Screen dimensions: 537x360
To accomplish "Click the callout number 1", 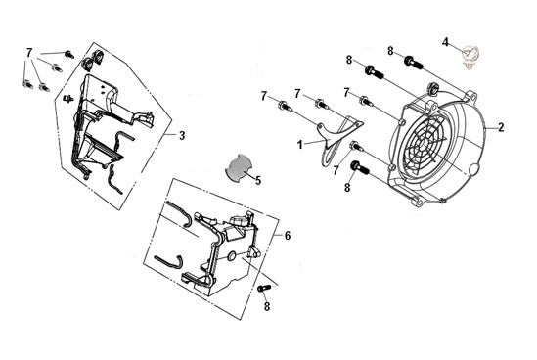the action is [299, 145].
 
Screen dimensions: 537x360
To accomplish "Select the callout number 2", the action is [501, 128].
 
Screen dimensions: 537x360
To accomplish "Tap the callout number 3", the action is [182, 136].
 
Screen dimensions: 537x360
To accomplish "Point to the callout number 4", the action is [445, 42].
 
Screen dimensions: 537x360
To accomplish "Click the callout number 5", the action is [257, 180].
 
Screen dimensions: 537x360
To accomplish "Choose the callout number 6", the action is [288, 236].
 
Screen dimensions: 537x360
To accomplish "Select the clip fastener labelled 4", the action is [470, 56].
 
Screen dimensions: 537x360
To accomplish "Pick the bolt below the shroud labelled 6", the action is [264, 288].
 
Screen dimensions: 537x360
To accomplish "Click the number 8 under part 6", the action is [267, 306].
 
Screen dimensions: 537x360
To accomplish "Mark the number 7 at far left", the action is [29, 53].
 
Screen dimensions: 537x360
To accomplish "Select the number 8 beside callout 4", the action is [390, 51].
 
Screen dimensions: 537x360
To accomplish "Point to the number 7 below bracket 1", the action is [336, 170].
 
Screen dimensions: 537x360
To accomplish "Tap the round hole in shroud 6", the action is [232, 255].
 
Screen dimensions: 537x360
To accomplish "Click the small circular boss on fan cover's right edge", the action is [474, 170].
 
